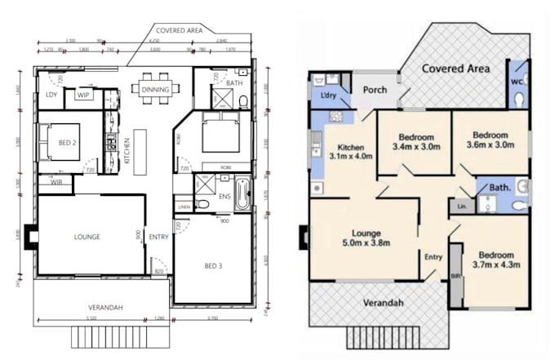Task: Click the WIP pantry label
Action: click(x=83, y=96)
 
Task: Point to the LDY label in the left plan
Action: click(x=51, y=96)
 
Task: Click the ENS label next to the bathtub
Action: click(x=222, y=196)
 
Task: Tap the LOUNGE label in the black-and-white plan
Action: click(x=87, y=237)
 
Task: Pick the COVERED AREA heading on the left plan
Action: click(x=179, y=30)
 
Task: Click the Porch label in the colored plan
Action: click(x=375, y=90)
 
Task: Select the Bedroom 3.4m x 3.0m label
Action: click(x=415, y=142)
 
